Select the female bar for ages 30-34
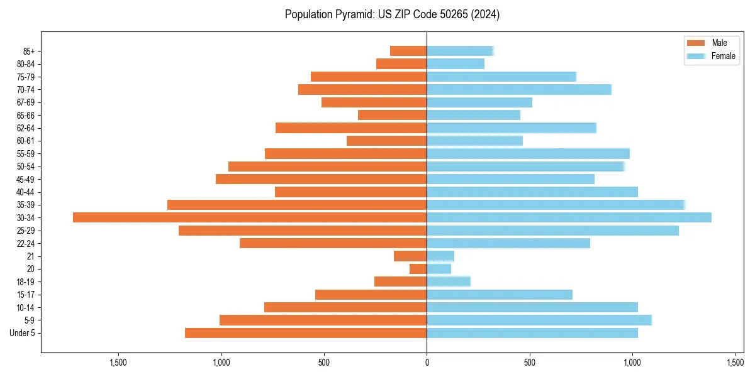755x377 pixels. pyautogui.click(x=569, y=217)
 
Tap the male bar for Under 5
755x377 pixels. pyautogui.click(x=306, y=333)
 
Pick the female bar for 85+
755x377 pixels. pyautogui.click(x=460, y=51)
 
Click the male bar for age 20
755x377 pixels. pyautogui.click(x=418, y=269)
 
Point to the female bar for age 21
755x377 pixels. pyautogui.click(x=440, y=256)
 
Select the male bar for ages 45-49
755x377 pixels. pyautogui.click(x=321, y=179)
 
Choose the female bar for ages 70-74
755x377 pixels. pyautogui.click(x=519, y=90)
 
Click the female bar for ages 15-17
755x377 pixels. pyautogui.click(x=500, y=295)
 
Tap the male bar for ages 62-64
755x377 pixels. pyautogui.click(x=351, y=128)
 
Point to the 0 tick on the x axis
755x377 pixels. pyautogui.click(x=427, y=363)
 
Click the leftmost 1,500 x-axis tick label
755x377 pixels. pyautogui.click(x=118, y=363)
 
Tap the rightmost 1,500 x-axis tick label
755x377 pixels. pyautogui.click(x=735, y=363)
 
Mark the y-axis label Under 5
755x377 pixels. pyautogui.click(x=22, y=333)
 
